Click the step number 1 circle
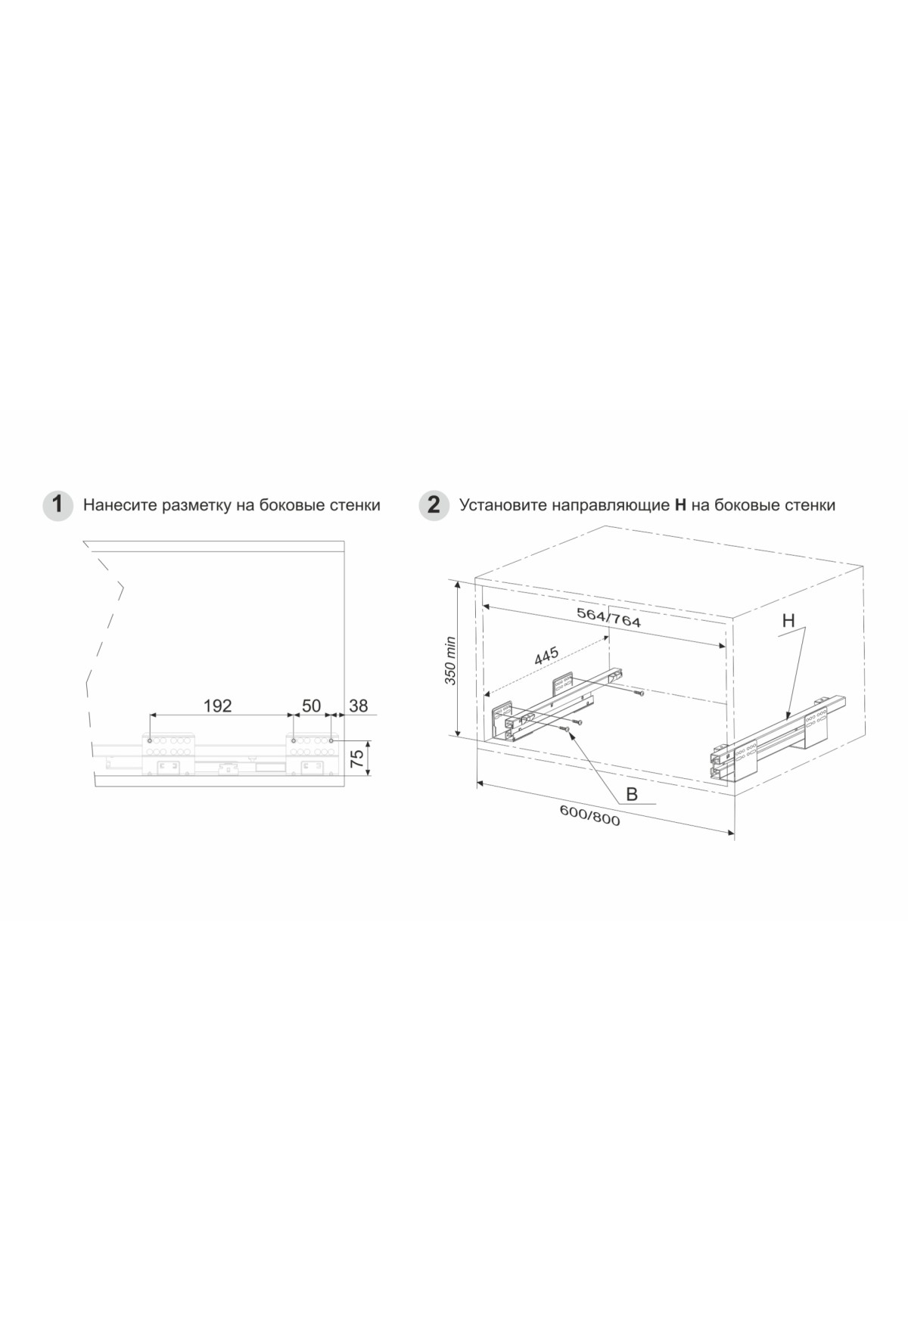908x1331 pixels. tap(58, 505)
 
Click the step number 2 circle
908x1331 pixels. tap(434, 505)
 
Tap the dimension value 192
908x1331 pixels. tap(217, 706)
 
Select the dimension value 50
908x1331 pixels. tap(312, 706)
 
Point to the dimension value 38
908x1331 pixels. tap(358, 706)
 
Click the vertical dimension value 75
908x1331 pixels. tap(359, 757)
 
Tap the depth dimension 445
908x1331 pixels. tap(546, 656)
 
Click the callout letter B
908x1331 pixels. tap(632, 794)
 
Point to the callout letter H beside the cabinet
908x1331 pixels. tap(788, 621)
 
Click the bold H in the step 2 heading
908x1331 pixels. tap(680, 505)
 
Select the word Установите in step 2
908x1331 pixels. tap(502, 505)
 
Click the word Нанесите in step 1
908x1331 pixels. tap(120, 505)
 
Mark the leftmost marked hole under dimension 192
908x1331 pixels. tap(151, 740)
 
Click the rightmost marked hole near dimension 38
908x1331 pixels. tap(331, 740)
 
